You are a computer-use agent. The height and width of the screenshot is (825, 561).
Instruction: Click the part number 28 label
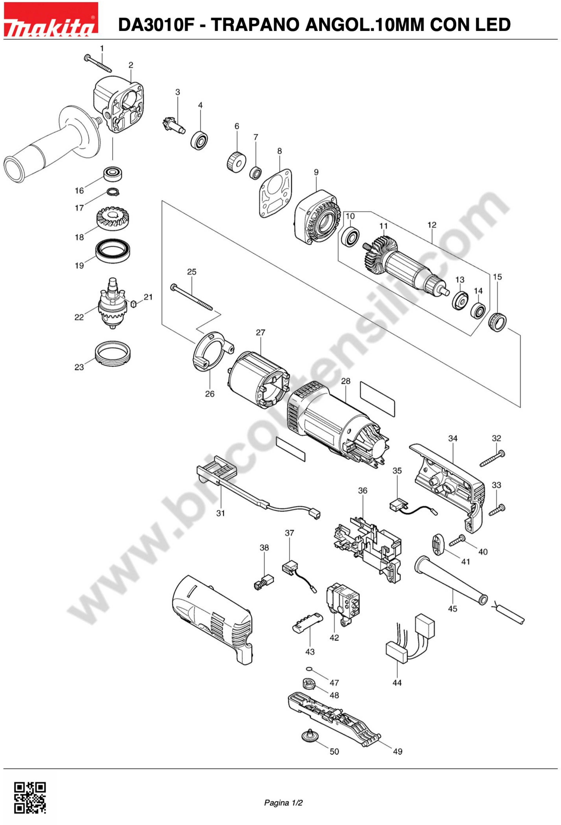[x=345, y=381]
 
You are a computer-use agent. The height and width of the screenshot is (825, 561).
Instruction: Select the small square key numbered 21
[x=134, y=303]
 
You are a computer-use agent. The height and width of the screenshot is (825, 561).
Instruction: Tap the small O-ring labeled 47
[x=309, y=669]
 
